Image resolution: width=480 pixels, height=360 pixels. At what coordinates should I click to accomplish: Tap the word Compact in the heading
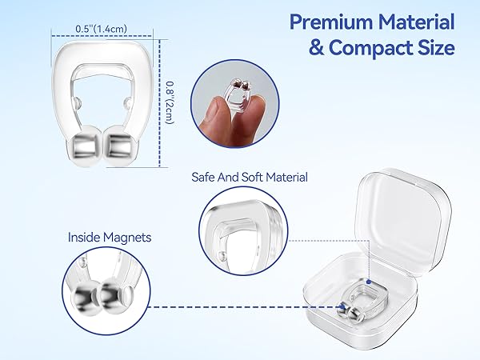pos(374,48)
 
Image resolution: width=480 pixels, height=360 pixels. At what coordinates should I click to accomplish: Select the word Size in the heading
pos(434,48)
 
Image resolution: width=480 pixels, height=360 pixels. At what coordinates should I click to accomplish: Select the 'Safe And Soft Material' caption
pos(249,178)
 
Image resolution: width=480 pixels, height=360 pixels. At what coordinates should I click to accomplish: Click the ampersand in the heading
pos(318,48)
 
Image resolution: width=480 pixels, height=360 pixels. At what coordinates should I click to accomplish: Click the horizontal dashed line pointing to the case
pos(240,306)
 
